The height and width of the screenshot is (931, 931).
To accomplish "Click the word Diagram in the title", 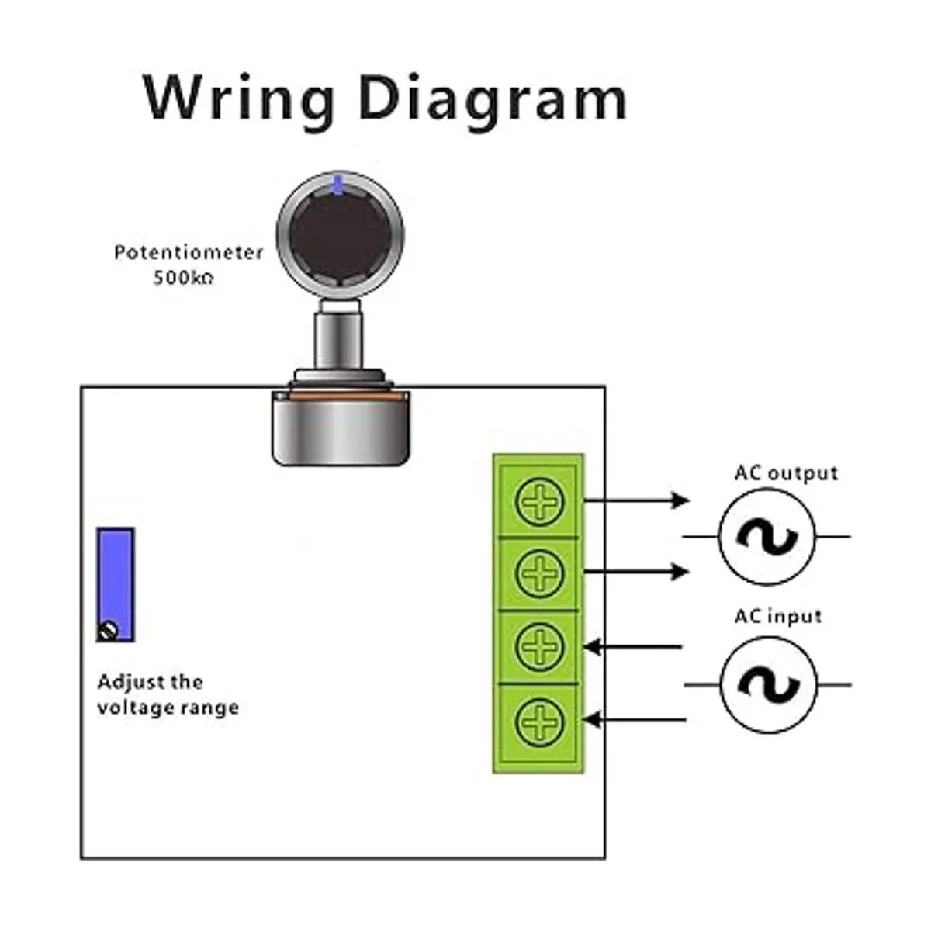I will point(493,99).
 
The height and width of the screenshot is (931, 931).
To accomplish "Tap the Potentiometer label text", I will point(189,253).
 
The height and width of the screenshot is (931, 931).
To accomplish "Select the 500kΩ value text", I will point(183,278).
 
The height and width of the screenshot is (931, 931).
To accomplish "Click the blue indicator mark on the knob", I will point(337,185).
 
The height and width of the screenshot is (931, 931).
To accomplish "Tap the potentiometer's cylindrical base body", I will point(340,428).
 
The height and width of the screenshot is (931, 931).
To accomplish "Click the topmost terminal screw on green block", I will point(538,502).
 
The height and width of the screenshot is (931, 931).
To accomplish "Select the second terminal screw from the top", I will point(538,574).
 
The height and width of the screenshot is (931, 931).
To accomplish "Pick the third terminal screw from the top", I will point(538,646).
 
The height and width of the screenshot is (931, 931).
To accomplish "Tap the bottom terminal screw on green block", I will point(538,720).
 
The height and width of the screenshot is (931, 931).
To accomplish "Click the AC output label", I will point(786,473).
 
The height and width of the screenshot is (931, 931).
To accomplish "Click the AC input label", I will point(777,617).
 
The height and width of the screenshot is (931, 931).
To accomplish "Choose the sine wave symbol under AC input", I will point(768,685).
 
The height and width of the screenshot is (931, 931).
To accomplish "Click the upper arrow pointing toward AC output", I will point(636,500).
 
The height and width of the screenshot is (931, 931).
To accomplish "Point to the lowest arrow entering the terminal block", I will point(632,720).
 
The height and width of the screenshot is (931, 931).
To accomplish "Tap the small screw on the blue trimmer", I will point(109,630).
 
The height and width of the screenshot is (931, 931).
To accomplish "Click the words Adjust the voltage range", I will point(167,695).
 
